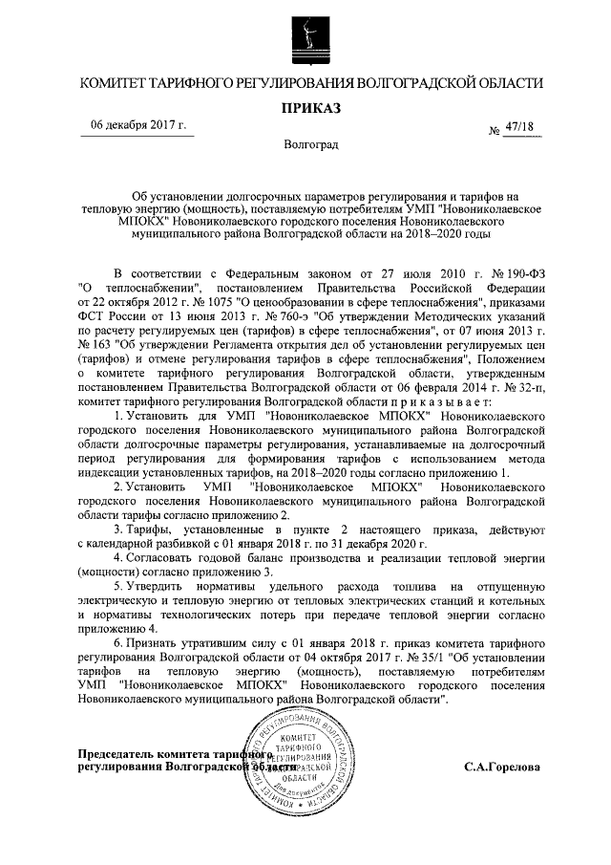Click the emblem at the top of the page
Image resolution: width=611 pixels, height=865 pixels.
pos(305,32)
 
